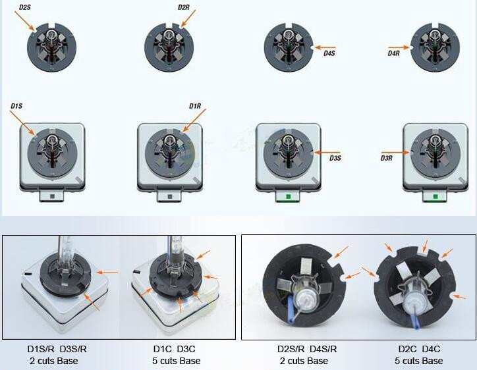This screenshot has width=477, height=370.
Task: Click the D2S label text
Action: click(24, 7)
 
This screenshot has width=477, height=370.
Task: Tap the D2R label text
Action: click(185, 7)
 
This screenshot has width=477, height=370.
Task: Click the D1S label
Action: click(16, 106)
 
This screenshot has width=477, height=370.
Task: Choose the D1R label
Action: click(195, 106)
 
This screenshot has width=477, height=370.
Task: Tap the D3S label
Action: click(335, 157)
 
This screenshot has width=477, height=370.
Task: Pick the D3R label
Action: click(387, 157)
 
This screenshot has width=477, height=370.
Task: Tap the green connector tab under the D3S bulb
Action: click(287, 196)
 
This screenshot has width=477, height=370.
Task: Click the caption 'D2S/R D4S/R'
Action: click(307, 348)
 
